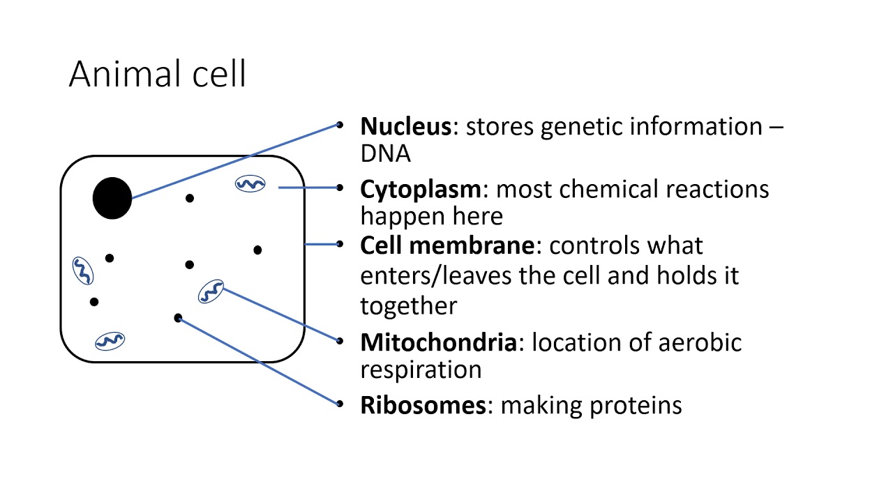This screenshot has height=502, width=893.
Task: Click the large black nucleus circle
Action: (112, 198)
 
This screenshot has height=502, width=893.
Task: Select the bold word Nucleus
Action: (405, 127)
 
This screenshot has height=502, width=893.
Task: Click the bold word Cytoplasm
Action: (421, 189)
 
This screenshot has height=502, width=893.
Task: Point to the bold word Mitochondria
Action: (439, 342)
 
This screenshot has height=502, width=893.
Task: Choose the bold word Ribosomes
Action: (423, 405)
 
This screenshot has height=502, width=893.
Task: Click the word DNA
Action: (385, 153)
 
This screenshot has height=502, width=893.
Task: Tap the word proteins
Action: (636, 405)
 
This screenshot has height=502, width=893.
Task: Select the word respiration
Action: (421, 370)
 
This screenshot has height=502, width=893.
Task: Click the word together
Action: (409, 305)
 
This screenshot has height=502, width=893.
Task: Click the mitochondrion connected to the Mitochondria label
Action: (211, 291)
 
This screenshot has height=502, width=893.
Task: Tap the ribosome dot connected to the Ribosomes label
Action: (178, 318)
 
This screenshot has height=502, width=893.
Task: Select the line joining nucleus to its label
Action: (237, 162)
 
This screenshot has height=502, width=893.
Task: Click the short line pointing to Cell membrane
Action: (322, 244)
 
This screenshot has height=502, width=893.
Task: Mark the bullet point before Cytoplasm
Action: (340, 188)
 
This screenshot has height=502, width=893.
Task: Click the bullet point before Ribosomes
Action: (340, 404)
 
